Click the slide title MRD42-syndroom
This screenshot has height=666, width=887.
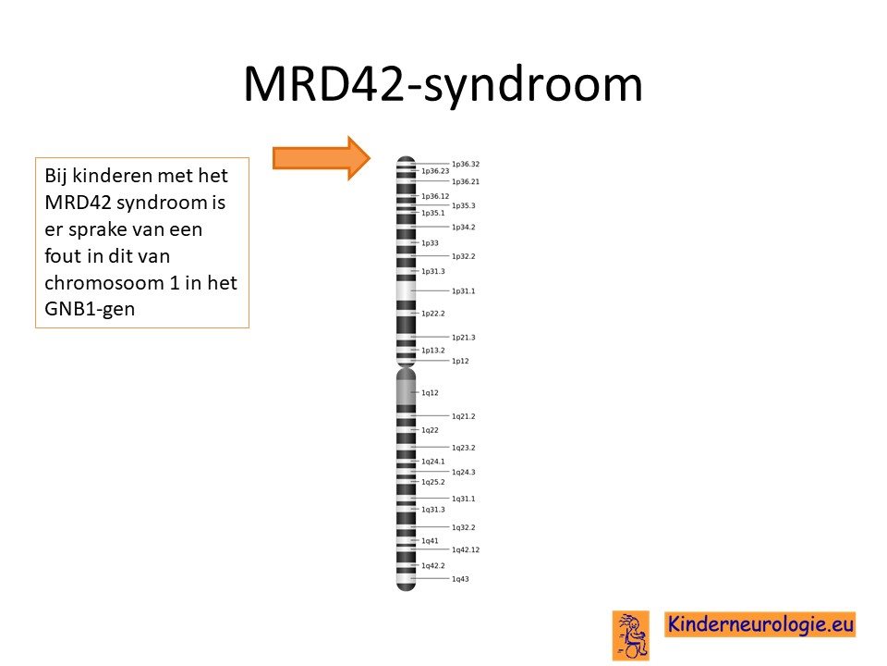[443, 85]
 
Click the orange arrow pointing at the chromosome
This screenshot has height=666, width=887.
[322, 158]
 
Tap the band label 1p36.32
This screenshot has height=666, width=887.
[466, 165]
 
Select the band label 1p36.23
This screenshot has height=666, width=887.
[435, 171]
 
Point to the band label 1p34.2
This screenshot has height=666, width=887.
[463, 228]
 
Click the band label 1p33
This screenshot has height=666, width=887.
[430, 243]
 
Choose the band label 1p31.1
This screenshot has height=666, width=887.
[463, 291]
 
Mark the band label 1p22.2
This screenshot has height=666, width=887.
[432, 314]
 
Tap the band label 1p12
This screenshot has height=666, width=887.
[460, 361]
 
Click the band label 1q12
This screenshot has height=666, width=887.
[430, 392]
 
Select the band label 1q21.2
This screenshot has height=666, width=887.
[463, 416]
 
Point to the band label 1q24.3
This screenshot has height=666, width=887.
[463, 472]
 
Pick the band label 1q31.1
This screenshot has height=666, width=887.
[463, 499]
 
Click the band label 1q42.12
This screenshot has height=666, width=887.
[466, 549]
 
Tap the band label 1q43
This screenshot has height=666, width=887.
[460, 579]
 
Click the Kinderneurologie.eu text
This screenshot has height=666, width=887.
[759, 624]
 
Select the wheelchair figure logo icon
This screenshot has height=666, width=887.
[631, 635]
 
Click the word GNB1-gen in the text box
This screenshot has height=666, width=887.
[90, 309]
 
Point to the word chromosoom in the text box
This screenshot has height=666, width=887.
[104, 283]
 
